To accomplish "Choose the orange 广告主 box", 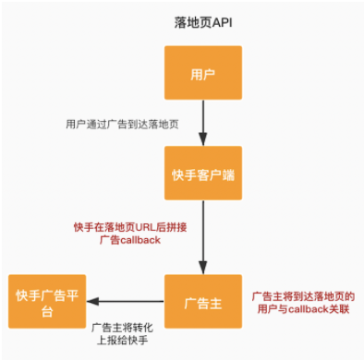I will click(202, 301).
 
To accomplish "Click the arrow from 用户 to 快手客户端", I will click(202, 120).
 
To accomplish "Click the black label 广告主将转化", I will click(125, 327).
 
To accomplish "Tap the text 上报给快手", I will click(120, 342).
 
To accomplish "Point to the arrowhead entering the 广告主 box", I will click(202, 269).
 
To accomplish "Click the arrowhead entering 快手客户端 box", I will click(202, 140).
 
